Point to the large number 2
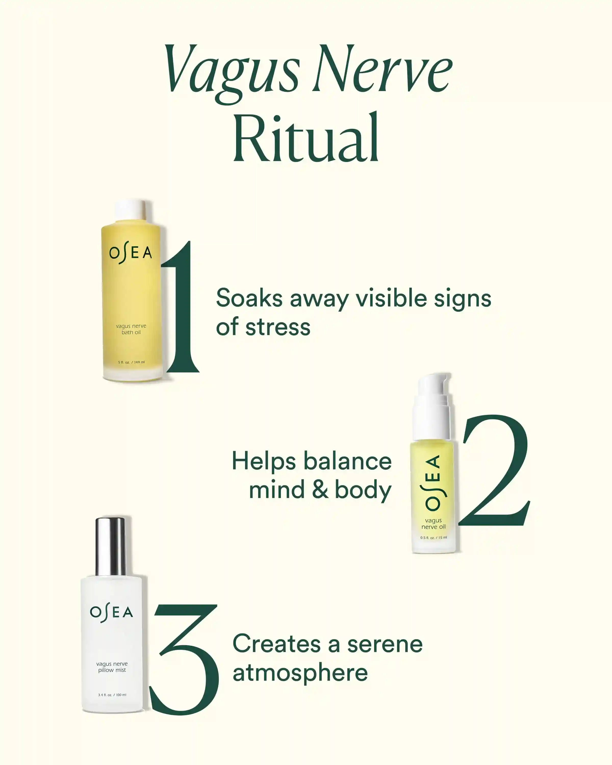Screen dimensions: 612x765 pyautogui.click(x=494, y=470)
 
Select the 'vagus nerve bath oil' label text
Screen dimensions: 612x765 pyautogui.click(x=131, y=329)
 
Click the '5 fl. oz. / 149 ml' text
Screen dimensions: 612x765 pyautogui.click(x=131, y=362)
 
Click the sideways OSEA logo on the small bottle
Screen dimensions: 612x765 pyautogui.click(x=433, y=482)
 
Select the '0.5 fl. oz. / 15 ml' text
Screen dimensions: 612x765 pyautogui.click(x=433, y=538)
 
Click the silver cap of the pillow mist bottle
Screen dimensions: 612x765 pyautogui.click(x=111, y=547)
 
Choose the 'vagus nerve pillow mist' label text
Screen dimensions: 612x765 pyautogui.click(x=112, y=667)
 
